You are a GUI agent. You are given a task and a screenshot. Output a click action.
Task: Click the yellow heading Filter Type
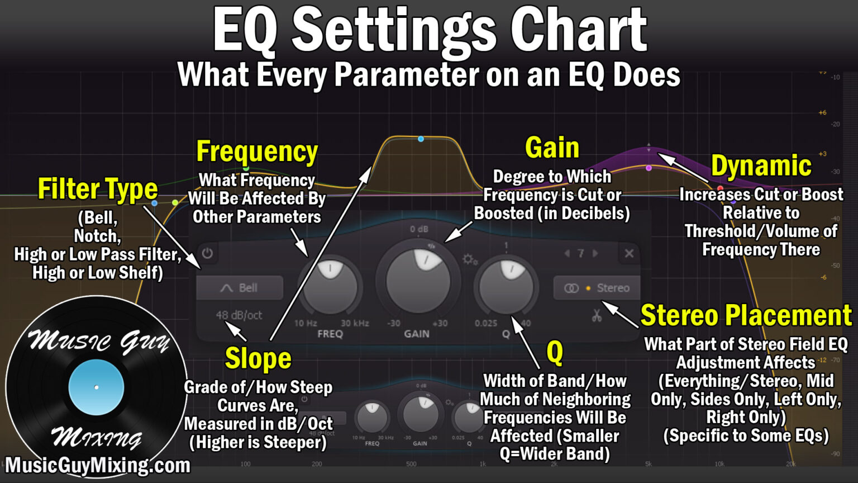98,189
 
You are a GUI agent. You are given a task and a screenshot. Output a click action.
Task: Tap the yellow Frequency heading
257,151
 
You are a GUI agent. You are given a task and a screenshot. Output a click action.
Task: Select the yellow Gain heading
552,148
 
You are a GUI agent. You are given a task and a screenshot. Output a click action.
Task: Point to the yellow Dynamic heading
761,166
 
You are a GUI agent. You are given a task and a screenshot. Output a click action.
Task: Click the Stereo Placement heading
746,315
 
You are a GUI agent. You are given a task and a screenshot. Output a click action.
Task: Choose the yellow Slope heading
258,359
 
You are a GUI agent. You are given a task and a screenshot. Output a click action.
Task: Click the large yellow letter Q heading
555,352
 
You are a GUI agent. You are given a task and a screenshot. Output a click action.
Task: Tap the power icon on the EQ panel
207,253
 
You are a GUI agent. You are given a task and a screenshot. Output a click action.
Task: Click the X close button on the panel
629,253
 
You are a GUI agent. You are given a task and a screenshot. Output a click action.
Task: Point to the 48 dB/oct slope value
239,315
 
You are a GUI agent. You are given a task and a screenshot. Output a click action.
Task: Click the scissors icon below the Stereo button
597,316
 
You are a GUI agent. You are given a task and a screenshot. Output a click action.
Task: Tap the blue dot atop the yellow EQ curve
421,139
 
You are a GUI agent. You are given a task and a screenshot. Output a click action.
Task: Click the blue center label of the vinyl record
96,387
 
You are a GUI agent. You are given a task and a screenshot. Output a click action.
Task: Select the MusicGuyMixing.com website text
98,465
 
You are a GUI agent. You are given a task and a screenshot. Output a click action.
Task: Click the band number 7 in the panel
581,253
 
